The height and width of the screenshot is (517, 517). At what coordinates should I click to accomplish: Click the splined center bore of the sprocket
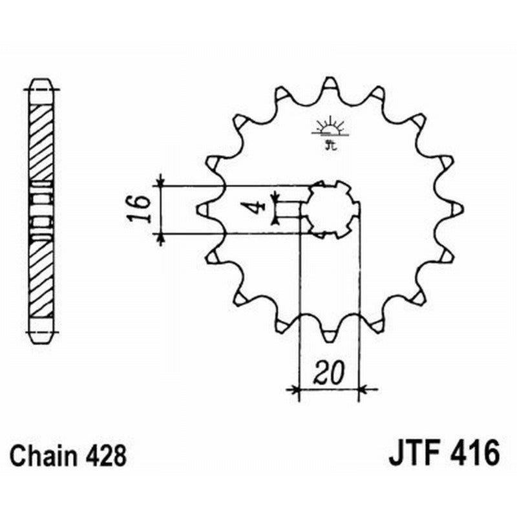[332, 208]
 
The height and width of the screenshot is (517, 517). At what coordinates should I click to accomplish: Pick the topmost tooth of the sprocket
[330, 83]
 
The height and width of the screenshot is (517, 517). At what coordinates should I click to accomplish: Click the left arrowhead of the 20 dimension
[296, 389]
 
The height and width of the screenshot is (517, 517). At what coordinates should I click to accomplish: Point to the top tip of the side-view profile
[41, 81]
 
